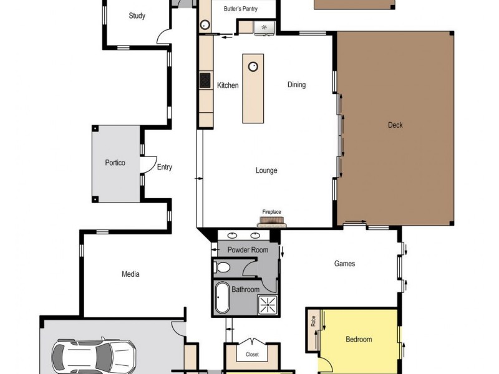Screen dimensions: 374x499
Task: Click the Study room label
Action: click(137, 16)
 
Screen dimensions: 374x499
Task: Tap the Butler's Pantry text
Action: click(241, 9)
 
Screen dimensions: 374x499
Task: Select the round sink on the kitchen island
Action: click(254, 65)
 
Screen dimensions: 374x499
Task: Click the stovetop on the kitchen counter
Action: click(205, 80)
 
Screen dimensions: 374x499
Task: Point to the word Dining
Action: click(296, 85)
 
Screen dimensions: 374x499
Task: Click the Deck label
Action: click(395, 125)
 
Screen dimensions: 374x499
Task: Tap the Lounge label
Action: click(266, 171)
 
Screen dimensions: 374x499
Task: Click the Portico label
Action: click(115, 163)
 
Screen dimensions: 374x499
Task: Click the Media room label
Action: click(130, 274)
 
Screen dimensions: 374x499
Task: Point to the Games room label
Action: click(344, 264)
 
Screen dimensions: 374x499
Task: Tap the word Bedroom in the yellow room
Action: click(359, 340)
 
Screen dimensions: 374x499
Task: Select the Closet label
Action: click(252, 355)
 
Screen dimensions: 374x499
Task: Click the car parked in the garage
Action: click(94, 357)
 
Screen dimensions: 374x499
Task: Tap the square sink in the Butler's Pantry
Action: click(264, 27)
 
